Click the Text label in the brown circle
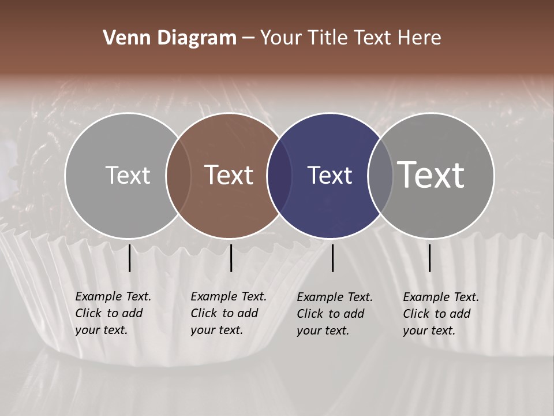pos(229,175)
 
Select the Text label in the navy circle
pos(330,175)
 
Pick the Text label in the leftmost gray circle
pos(128,175)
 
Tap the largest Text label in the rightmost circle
pos(431,175)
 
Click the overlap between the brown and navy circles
pos(279,175)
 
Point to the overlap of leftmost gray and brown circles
pos(178,175)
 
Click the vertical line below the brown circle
pos(231,258)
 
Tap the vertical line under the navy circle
pos(332,258)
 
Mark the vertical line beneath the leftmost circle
pos(129,258)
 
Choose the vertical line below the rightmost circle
pos(429,258)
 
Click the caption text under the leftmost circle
pos(113,313)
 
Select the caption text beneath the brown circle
pos(228,313)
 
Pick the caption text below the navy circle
pos(334,314)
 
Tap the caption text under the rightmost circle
pos(440,314)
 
